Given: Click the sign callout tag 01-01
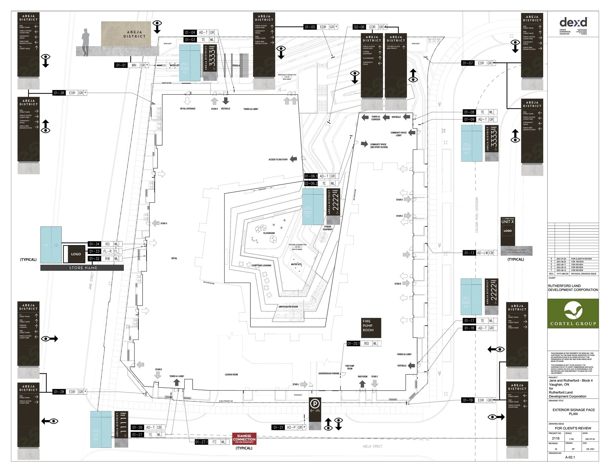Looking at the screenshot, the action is click(x=121, y=65).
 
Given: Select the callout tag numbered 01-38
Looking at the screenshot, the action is click(x=59, y=93).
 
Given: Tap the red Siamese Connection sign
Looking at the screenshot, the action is click(x=244, y=439).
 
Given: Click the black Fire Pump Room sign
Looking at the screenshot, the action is click(x=371, y=328).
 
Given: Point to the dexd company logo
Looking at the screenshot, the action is click(x=573, y=22).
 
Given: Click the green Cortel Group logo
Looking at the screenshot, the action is click(x=573, y=313).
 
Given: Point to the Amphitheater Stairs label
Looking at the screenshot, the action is click(x=288, y=307).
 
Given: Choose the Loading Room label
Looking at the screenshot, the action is click(x=231, y=375).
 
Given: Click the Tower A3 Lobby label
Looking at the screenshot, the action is click(x=251, y=109).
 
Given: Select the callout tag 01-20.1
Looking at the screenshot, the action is click(x=353, y=343).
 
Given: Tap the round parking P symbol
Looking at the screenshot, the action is click(x=315, y=404).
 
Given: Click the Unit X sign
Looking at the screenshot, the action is click(x=508, y=222).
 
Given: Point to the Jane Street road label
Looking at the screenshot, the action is click(x=91, y=281).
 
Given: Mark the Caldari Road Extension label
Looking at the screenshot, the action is click(x=477, y=215).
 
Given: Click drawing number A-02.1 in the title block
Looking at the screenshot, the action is click(x=570, y=457).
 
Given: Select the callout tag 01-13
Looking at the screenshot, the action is click(x=469, y=253).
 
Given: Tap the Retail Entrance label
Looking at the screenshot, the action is click(x=188, y=108).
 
